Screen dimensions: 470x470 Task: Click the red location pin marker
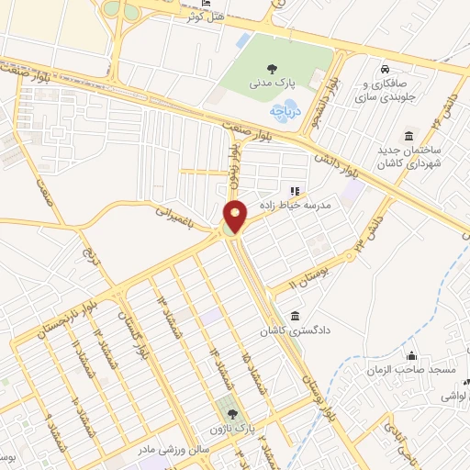236,217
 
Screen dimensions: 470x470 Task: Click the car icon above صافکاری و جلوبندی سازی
386,68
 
